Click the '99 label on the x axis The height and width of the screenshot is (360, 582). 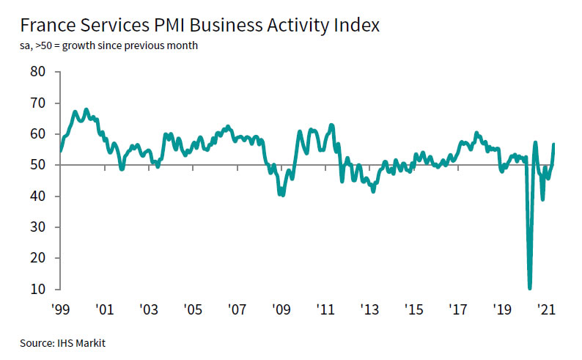pos(60,309)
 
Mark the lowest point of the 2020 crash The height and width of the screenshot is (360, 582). pos(529,287)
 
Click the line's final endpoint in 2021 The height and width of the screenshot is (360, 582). pos(553,144)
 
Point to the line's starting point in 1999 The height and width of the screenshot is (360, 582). pos(60,150)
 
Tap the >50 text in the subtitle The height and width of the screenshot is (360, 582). pos(43,47)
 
